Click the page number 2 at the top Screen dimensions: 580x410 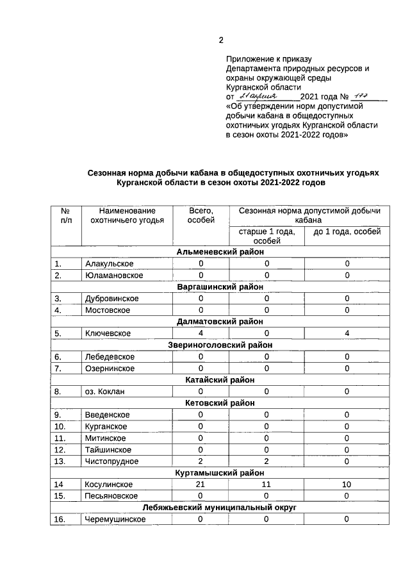(221, 40)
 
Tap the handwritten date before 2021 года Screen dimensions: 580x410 (259, 95)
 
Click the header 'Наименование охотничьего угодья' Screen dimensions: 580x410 (127, 215)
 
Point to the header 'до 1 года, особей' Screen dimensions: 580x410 (347, 231)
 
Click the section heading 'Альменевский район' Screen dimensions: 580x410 (220, 252)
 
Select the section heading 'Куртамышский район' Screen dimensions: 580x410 (220, 473)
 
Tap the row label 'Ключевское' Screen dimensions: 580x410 (108, 333)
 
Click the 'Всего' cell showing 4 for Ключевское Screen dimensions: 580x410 (201, 333)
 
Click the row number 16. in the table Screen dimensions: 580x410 (61, 520)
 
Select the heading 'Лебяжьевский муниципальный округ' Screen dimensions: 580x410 (220, 508)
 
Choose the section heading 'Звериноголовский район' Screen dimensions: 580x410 (220, 345)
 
